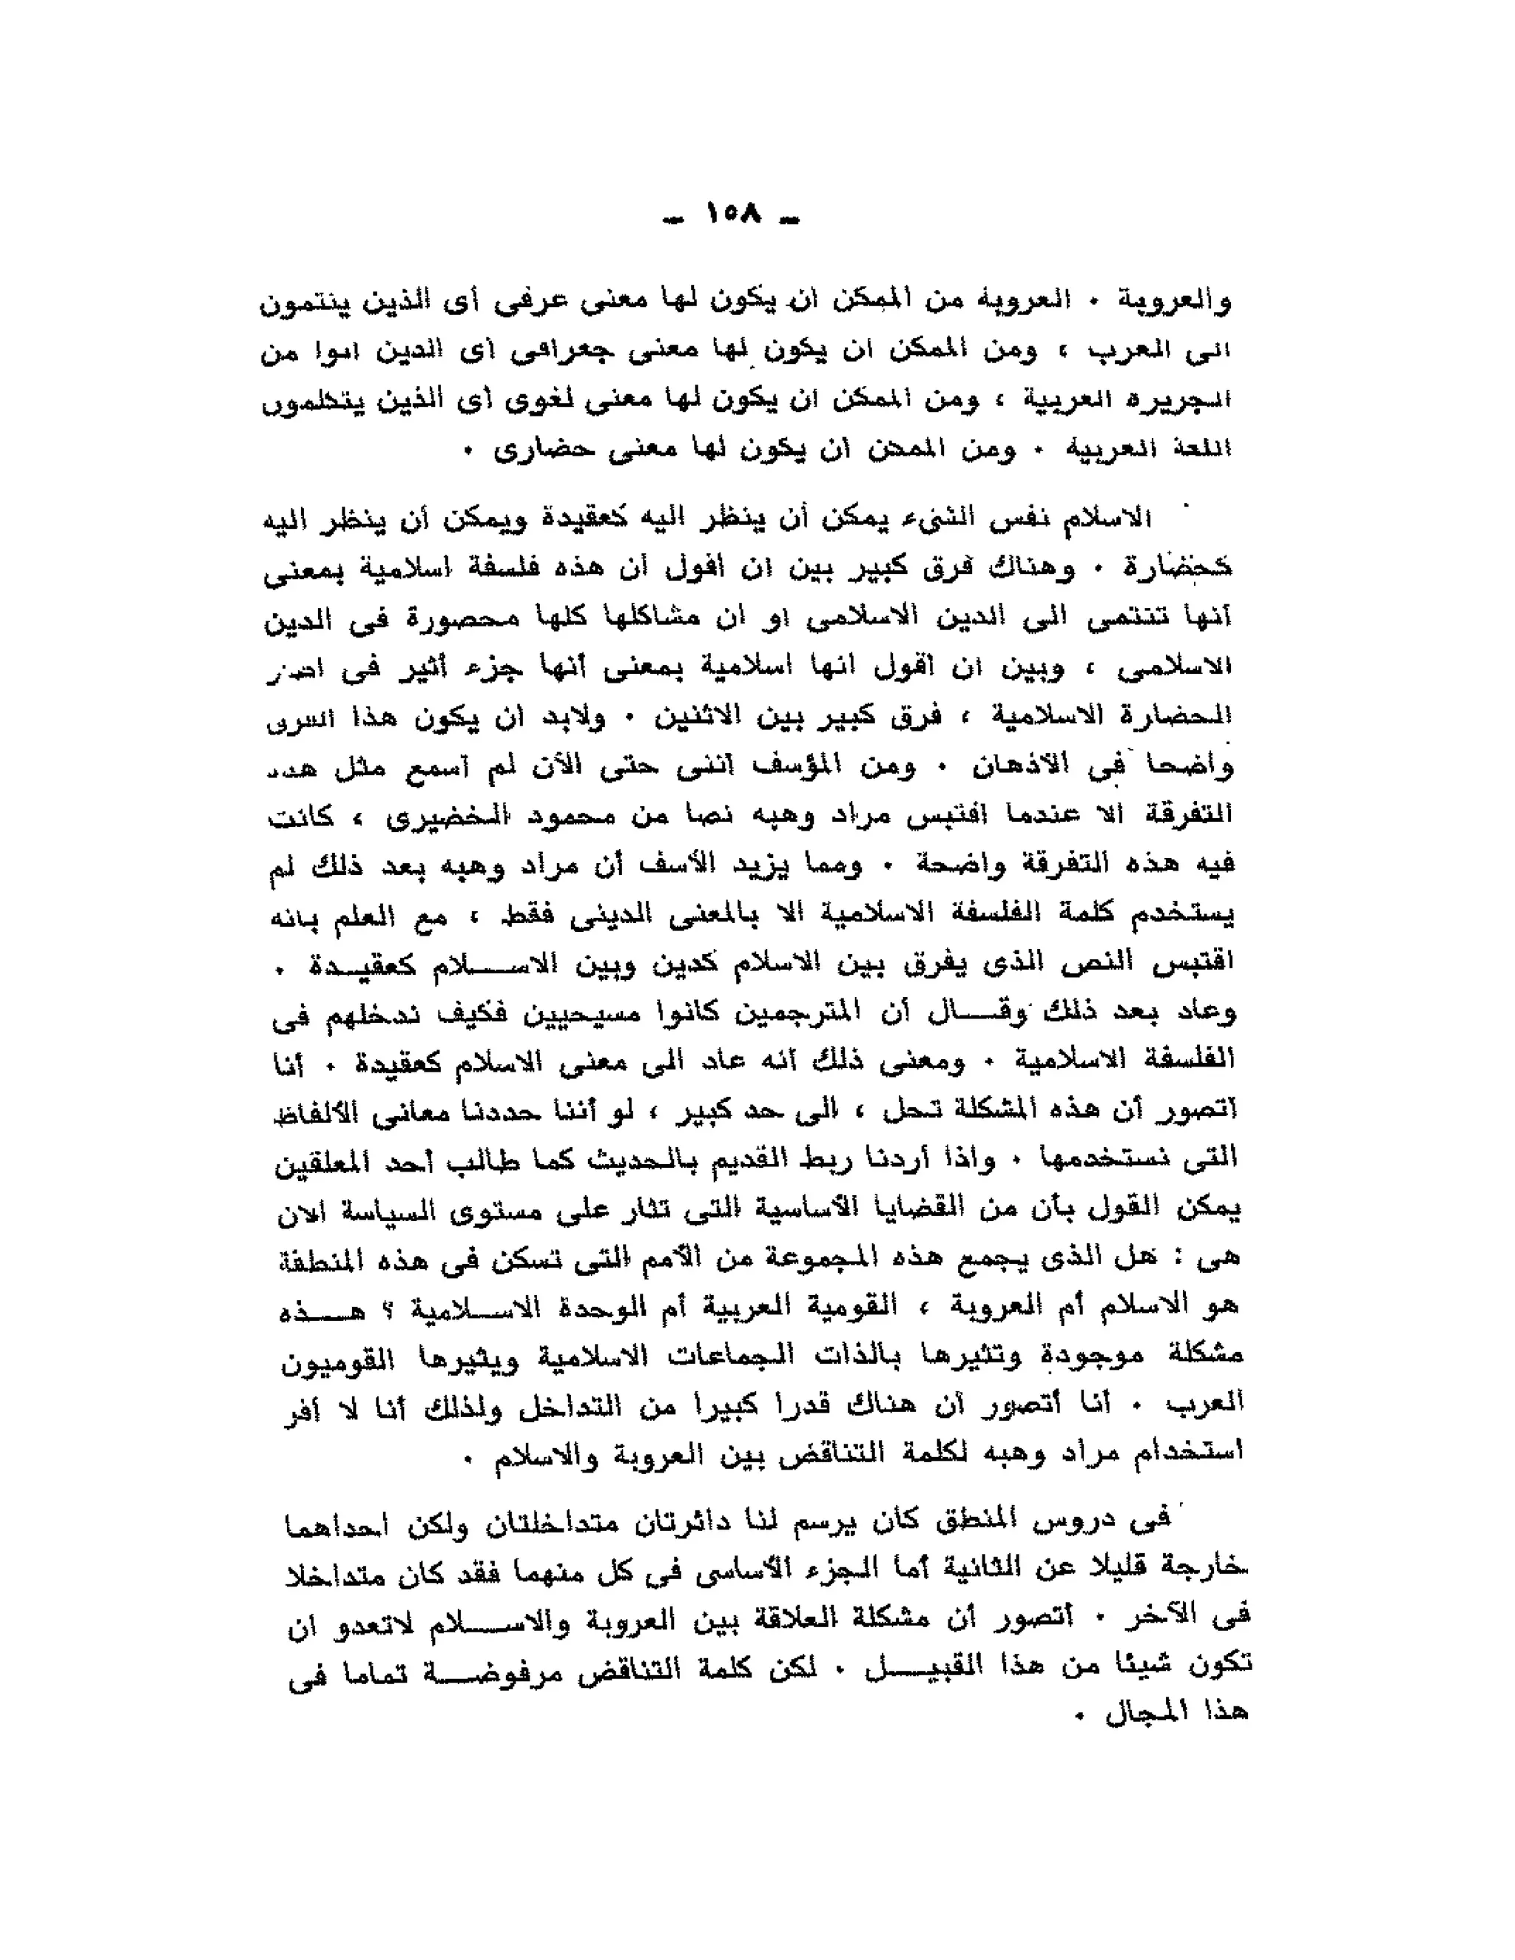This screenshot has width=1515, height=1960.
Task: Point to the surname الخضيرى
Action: point(450,816)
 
